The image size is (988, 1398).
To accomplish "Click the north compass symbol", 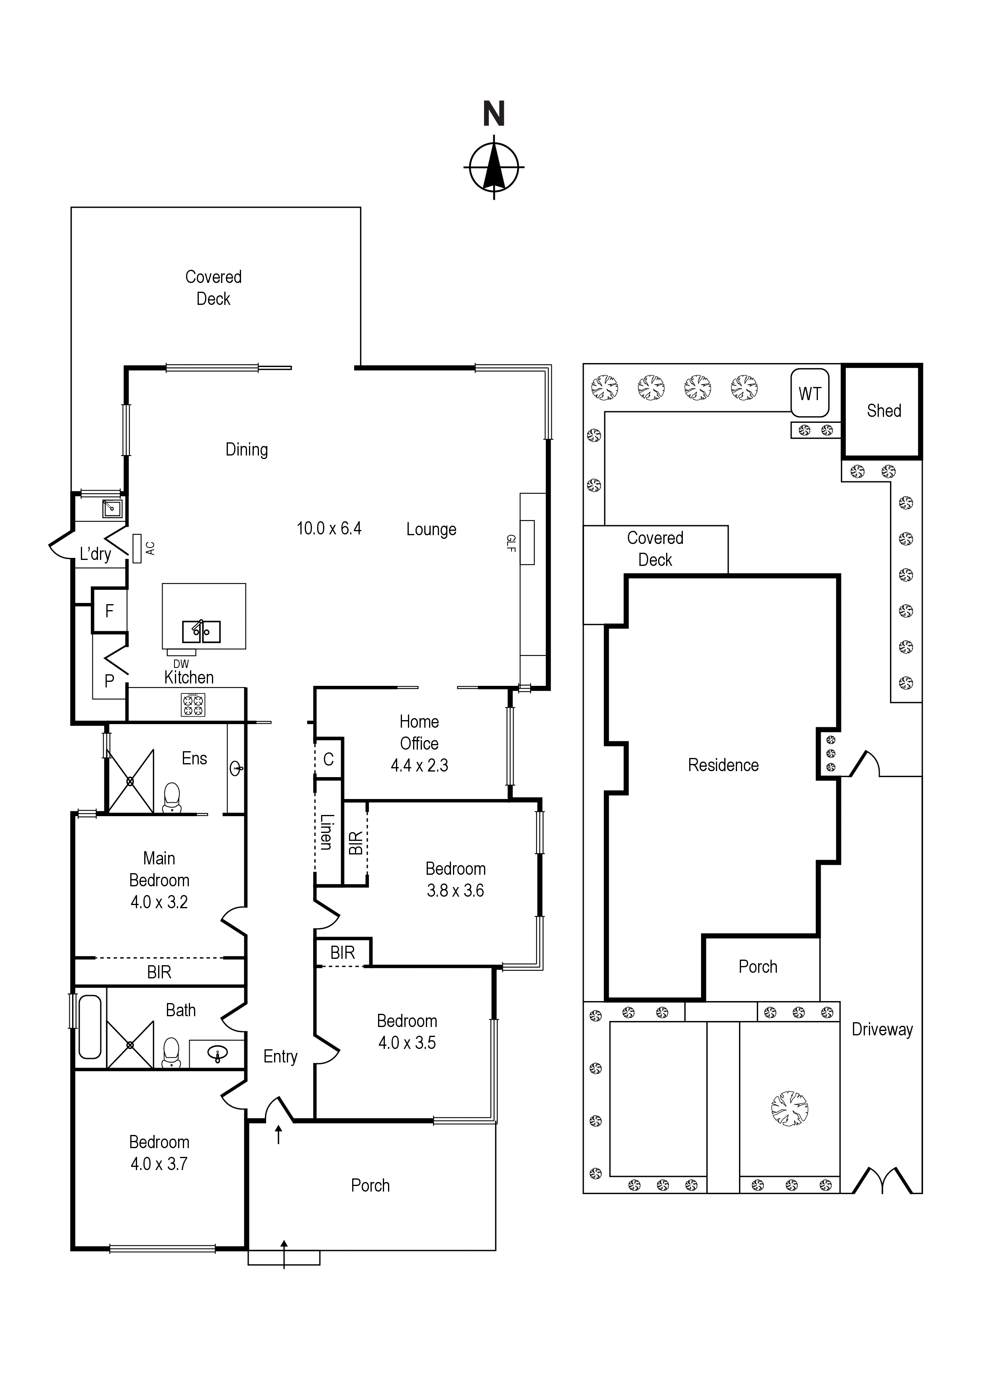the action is tap(494, 166).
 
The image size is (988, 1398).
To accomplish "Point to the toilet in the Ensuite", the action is tap(172, 798).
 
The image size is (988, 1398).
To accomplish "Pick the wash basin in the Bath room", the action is tap(218, 1052).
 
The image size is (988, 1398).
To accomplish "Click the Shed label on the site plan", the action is tap(884, 411).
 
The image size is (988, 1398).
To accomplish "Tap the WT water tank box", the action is tap(810, 393).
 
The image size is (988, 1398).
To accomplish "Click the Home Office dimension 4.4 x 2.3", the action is tap(420, 766).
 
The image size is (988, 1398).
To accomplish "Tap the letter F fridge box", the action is tap(110, 611).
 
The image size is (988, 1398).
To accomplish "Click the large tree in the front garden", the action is tap(790, 1108).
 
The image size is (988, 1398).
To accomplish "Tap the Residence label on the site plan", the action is tap(723, 766).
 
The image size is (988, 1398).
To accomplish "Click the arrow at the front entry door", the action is tap(279, 1134).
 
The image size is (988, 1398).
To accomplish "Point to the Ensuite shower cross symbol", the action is tap(130, 781).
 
